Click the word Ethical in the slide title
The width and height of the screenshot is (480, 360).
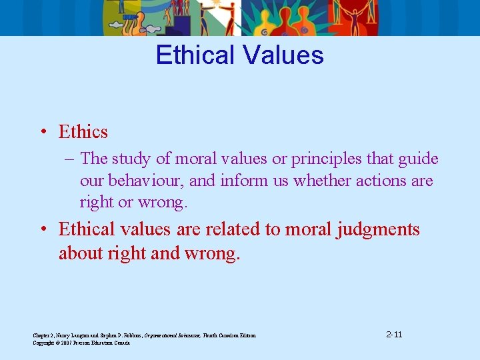[193, 55]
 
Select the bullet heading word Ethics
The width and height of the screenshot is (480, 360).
[83, 132]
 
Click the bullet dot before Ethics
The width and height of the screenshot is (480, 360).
[42, 132]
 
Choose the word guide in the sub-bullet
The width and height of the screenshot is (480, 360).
[417, 159]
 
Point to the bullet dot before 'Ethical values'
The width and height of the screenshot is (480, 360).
[42, 229]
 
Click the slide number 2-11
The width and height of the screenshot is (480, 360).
[394, 333]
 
